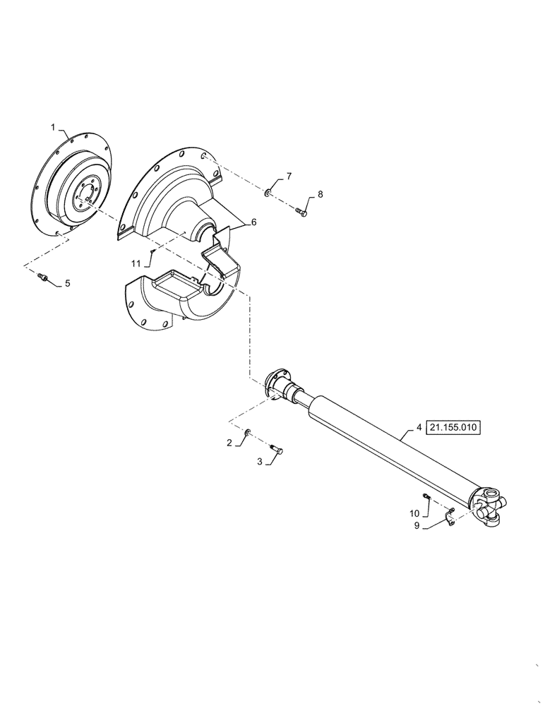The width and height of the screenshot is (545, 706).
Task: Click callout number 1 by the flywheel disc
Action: [x=52, y=127]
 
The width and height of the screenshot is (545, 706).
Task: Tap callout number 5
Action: [x=67, y=284]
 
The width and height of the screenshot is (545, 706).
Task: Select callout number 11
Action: [x=136, y=263]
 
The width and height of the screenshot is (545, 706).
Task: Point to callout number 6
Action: [x=253, y=222]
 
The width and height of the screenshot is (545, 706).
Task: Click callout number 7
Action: [x=288, y=176]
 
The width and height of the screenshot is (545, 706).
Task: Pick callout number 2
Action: [x=229, y=443]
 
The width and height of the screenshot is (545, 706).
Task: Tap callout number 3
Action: [x=260, y=461]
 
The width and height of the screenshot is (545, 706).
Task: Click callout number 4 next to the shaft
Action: [x=419, y=428]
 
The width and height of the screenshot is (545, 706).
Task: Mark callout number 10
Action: [x=414, y=513]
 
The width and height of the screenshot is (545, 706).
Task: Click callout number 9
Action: [x=417, y=525]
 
